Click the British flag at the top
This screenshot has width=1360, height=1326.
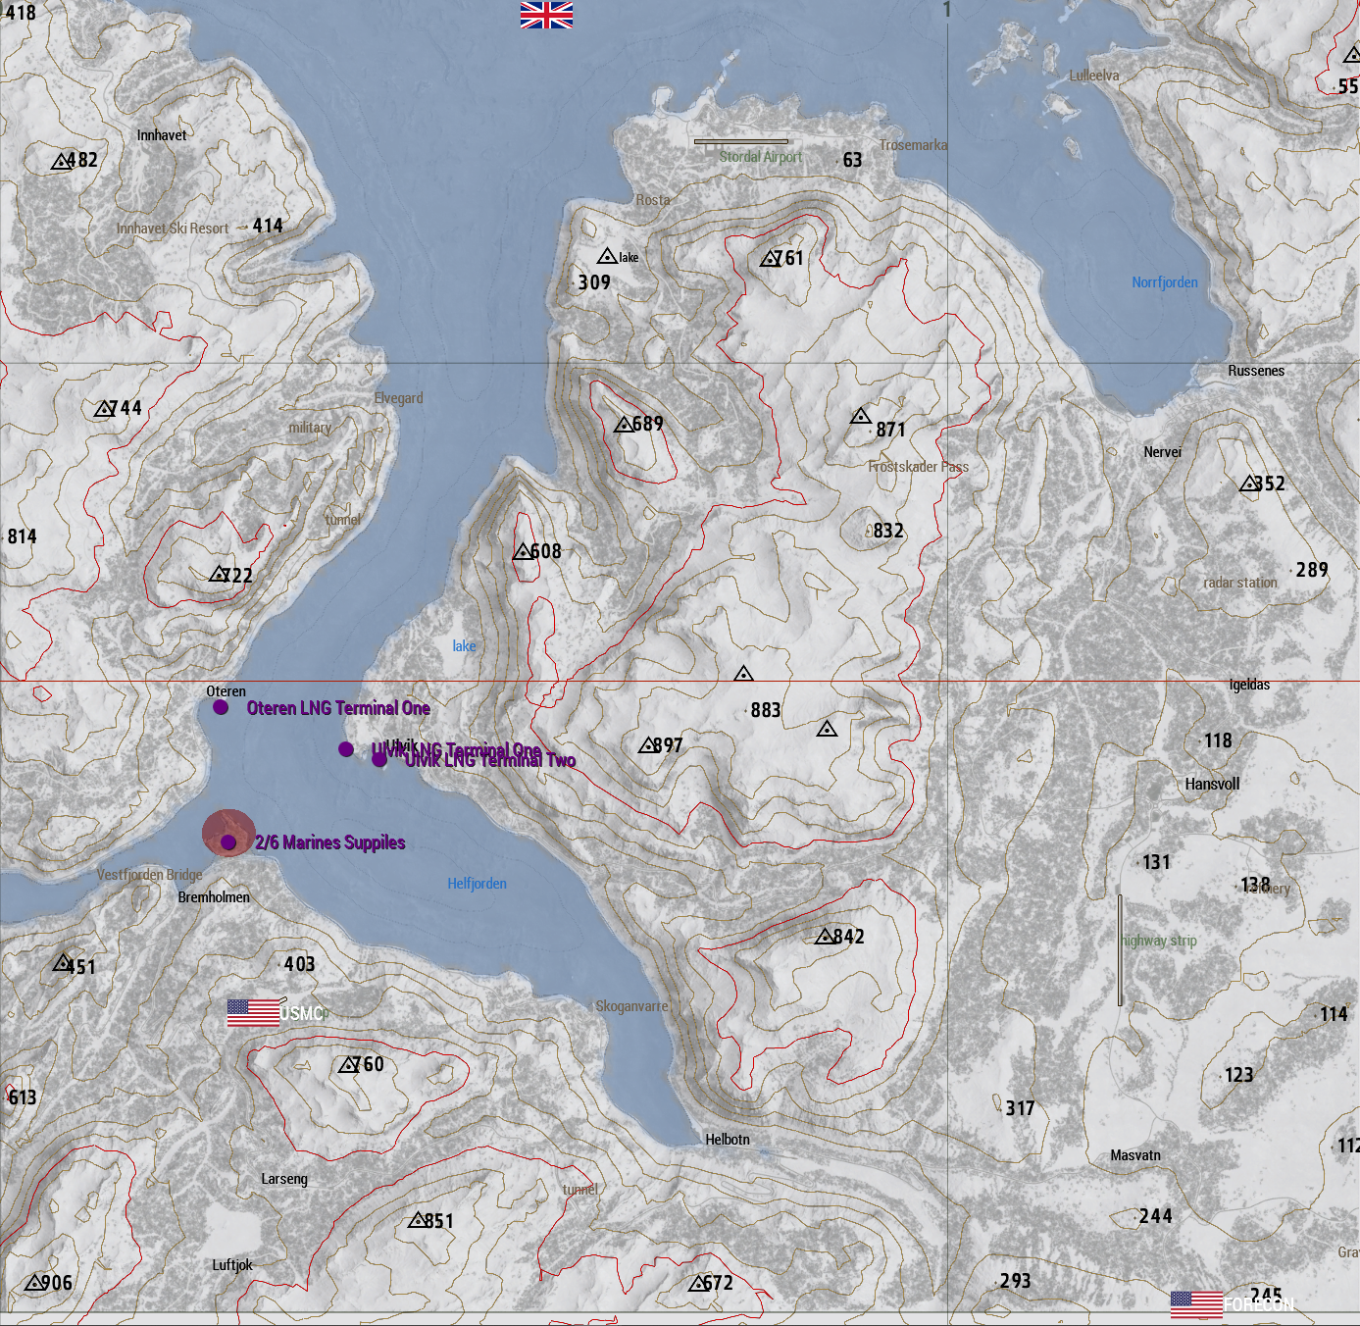point(546,15)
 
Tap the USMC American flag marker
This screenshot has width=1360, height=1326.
point(254,1012)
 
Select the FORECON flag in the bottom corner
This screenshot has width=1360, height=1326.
point(1196,1304)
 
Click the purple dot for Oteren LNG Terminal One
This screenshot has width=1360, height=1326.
point(221,707)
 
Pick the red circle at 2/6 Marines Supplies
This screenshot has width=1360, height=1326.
point(228,834)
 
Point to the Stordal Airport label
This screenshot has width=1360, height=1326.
point(760,157)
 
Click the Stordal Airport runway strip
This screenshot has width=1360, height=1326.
point(740,141)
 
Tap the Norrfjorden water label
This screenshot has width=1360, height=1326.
point(1164,282)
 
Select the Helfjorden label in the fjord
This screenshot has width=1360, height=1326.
point(477,884)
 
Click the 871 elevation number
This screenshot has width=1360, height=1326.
point(890,430)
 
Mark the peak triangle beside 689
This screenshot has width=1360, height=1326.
point(623,425)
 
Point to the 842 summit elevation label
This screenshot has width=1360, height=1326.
point(848,937)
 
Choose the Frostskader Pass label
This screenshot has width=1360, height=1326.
point(918,467)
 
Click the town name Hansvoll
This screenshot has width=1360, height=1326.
point(1212,785)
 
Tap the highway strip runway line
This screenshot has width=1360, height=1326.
point(1120,949)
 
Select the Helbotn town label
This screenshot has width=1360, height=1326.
point(727,1140)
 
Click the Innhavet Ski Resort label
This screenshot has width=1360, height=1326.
point(173,229)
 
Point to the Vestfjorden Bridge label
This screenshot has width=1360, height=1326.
point(149,875)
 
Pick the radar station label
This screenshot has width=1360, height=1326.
point(1240,583)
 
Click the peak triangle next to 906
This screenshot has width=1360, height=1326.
point(34,1283)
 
